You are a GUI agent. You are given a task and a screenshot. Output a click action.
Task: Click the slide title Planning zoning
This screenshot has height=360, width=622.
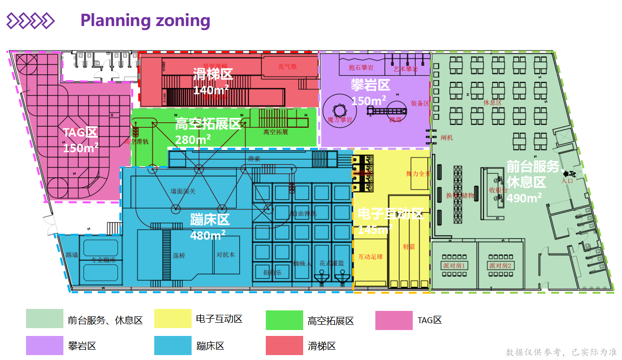tap(145, 20)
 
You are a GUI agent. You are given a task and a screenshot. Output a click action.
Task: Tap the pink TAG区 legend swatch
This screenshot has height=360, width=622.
tap(394, 320)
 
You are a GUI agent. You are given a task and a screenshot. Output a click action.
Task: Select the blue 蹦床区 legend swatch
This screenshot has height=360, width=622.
tap(172, 345)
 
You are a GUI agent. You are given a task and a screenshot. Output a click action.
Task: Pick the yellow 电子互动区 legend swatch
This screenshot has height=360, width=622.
tap(172, 319)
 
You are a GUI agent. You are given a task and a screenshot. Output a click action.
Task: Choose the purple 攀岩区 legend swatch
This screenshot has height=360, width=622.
tap(44, 345)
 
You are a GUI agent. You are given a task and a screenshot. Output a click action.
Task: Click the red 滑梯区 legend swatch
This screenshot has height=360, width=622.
tap(284, 345)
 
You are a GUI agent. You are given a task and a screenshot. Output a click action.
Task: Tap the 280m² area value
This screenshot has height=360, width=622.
tap(193, 139)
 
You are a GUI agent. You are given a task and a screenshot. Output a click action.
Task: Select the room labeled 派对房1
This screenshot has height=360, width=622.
tap(454, 266)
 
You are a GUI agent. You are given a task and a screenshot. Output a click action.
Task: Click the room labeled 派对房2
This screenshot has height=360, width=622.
tap(500, 266)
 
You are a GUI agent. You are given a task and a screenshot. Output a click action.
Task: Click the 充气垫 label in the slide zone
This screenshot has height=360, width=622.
tap(287, 67)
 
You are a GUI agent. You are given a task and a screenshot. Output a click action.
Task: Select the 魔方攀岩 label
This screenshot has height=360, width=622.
tap(340, 120)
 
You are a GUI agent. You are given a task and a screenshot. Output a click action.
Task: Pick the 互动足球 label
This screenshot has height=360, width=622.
tap(370, 257)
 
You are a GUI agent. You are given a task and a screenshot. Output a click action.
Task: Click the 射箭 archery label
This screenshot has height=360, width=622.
tap(409, 247)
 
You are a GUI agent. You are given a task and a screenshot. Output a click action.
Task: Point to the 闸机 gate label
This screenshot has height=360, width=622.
tap(447, 138)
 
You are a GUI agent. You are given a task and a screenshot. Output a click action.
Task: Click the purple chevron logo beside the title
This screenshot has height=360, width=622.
tap(30, 21)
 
